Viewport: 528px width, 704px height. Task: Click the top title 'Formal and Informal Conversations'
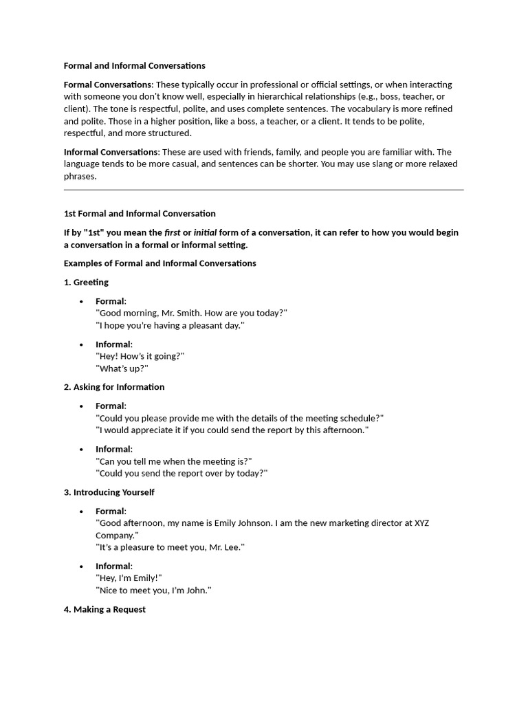134,66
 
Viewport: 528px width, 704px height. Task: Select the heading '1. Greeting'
86,282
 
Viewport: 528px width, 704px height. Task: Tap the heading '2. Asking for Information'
114,387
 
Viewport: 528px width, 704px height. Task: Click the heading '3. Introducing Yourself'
109,492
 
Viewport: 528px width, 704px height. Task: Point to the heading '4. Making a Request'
104,609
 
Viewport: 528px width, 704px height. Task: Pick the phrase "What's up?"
122,368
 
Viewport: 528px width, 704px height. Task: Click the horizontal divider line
263,189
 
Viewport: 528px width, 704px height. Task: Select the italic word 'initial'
205,232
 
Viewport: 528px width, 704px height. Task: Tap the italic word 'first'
172,232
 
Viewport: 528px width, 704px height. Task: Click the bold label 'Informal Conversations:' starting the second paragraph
111,152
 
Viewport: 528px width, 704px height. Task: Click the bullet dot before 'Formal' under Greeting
81,302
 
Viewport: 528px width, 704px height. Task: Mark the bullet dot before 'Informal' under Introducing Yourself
81,566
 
